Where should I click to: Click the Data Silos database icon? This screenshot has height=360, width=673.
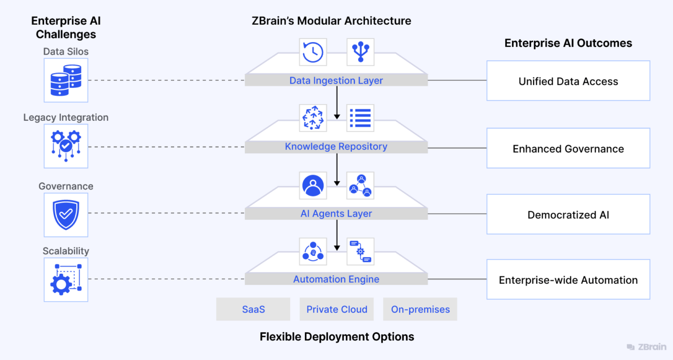click(x=66, y=80)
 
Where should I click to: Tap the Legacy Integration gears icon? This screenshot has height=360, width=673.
click(x=66, y=146)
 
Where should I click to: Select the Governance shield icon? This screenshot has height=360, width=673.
click(x=66, y=214)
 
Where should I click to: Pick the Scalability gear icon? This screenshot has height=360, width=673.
click(x=66, y=280)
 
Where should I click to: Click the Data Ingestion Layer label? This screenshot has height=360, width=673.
click(x=336, y=80)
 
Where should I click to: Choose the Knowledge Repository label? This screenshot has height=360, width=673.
click(x=336, y=147)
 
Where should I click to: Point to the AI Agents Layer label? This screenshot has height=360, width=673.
click(x=336, y=213)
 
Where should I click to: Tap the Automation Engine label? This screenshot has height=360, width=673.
click(x=336, y=279)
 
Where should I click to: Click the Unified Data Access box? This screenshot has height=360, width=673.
click(x=568, y=81)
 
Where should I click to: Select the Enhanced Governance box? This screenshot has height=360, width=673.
click(x=568, y=149)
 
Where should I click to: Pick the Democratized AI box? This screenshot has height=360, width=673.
click(x=568, y=214)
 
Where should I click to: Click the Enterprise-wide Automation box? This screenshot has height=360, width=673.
click(x=568, y=280)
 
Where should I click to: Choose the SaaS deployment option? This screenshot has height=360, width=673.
click(x=253, y=309)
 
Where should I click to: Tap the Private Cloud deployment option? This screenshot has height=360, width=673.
click(x=336, y=309)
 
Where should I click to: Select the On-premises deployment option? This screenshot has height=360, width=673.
click(x=420, y=309)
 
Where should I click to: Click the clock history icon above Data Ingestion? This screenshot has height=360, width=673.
click(x=312, y=52)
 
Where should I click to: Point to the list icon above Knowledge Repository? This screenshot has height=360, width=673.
click(x=360, y=118)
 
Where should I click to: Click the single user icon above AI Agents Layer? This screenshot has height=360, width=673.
click(x=312, y=185)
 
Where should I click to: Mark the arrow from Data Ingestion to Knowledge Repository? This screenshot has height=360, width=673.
click(x=336, y=103)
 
